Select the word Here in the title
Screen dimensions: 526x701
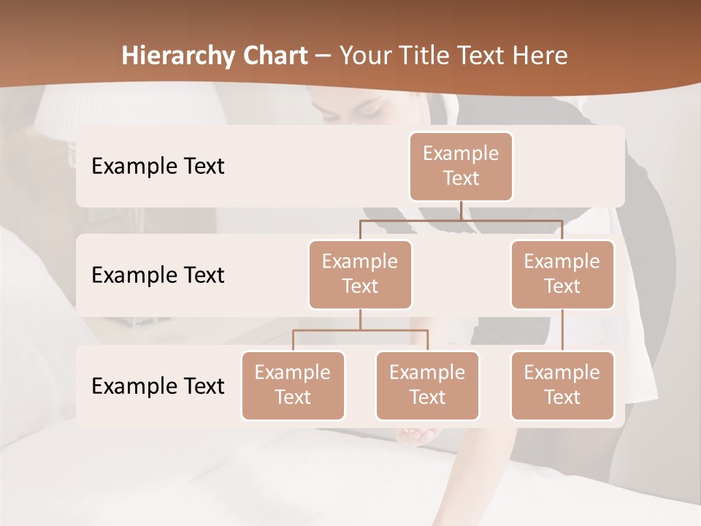539,56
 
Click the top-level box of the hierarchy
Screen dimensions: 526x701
461,167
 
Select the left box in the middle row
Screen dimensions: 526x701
360,274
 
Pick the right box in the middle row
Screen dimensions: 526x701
562,274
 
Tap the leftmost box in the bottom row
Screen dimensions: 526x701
293,385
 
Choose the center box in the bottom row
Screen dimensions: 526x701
427,385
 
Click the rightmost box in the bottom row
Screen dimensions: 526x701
562,385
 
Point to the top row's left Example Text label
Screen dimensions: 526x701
158,167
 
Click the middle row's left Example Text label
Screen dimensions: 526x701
158,275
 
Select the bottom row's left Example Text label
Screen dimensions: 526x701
158,386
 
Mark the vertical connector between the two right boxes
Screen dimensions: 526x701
562,330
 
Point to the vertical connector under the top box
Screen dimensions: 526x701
461,210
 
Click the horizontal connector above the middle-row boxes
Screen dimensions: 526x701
461,220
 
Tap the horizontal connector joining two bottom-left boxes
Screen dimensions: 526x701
360,330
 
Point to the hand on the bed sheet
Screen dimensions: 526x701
416,436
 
